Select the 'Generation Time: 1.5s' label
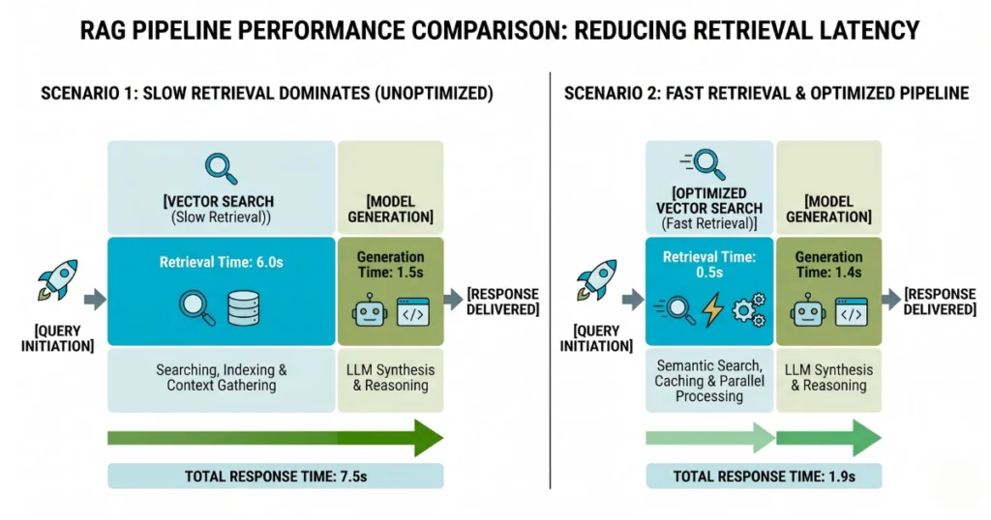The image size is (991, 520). coord(390,265)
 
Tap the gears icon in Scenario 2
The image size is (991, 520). coord(749,310)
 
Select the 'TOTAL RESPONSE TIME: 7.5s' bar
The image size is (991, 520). coord(275,477)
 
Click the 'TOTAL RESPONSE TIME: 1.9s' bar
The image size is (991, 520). coord(764,477)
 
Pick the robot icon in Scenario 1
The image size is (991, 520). coord(369,312)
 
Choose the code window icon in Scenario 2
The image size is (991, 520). coord(852,312)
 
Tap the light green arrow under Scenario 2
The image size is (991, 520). coord(709,437)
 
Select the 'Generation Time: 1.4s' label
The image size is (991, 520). coord(828,265)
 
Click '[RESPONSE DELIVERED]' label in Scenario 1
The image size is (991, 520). coord(502,302)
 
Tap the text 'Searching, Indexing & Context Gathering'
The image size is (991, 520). coord(221,377)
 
